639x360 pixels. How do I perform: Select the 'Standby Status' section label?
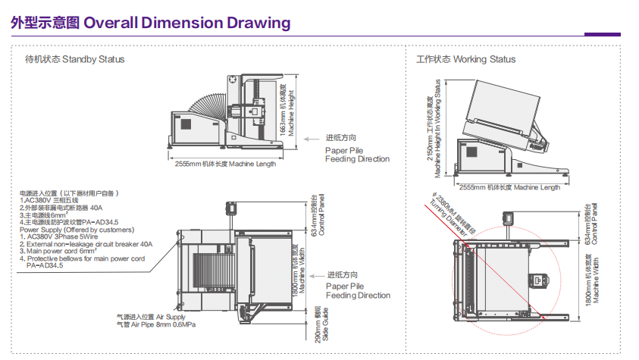click(93, 59)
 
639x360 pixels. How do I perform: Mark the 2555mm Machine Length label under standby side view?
click(225, 164)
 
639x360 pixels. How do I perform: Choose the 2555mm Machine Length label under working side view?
click(509, 187)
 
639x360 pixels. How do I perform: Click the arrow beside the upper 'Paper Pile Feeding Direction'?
click(312, 139)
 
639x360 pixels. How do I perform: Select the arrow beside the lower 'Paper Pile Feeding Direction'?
click(312, 275)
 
